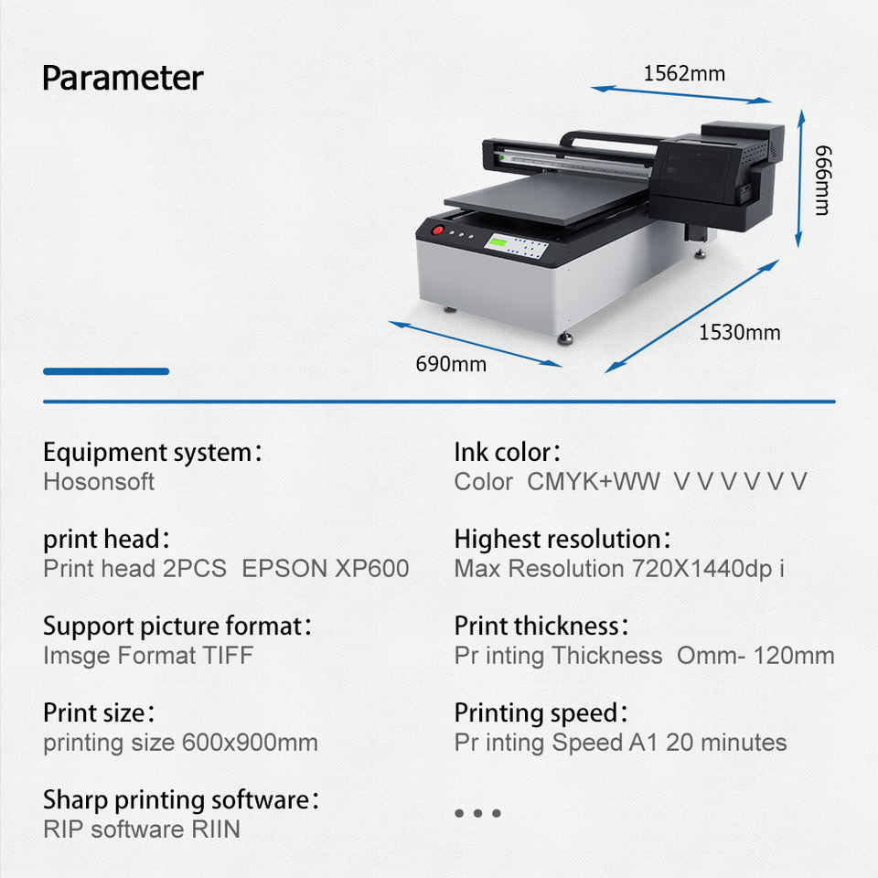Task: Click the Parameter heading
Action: [123, 78]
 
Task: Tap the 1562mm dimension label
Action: [684, 73]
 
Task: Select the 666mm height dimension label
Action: [821, 179]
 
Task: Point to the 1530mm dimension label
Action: [739, 332]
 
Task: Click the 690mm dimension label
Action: [451, 364]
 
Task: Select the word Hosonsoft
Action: [99, 481]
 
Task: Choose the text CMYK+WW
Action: [593, 481]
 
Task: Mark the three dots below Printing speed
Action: [477, 813]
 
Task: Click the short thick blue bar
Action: [106, 371]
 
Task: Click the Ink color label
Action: [507, 452]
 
